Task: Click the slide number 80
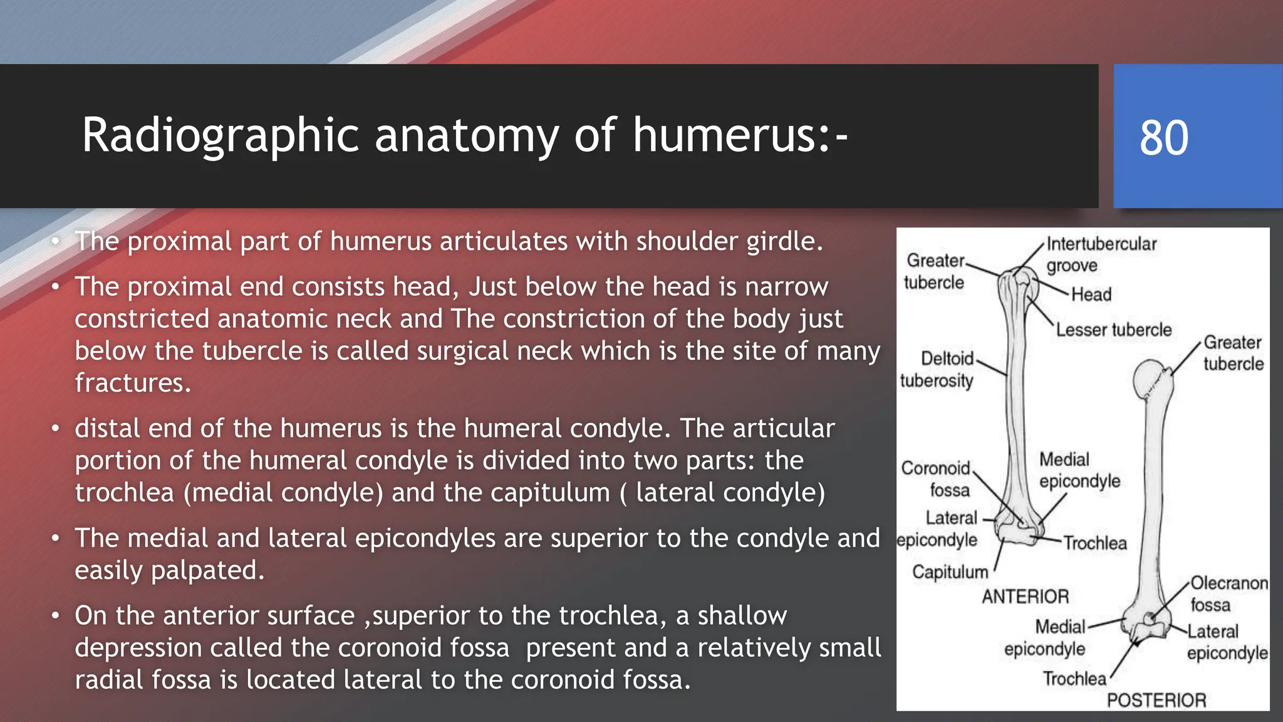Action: pyautogui.click(x=1163, y=137)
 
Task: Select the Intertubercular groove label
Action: pyautogui.click(x=1101, y=254)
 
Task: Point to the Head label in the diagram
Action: pyautogui.click(x=1091, y=295)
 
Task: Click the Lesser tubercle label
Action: pyautogui.click(x=1113, y=330)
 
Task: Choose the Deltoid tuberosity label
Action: pyautogui.click(x=937, y=369)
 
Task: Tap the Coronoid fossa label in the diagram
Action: pyautogui.click(x=936, y=479)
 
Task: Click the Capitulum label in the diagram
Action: pyautogui.click(x=950, y=572)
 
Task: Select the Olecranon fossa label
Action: pyautogui.click(x=1228, y=594)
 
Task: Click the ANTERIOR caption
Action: pyautogui.click(x=1025, y=597)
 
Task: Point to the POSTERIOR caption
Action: pyautogui.click(x=1156, y=700)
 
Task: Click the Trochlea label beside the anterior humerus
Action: pyautogui.click(x=1094, y=543)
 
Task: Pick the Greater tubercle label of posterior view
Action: pyautogui.click(x=1233, y=353)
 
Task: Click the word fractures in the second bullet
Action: pyautogui.click(x=132, y=383)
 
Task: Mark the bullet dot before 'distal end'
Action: pyautogui.click(x=56, y=429)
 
